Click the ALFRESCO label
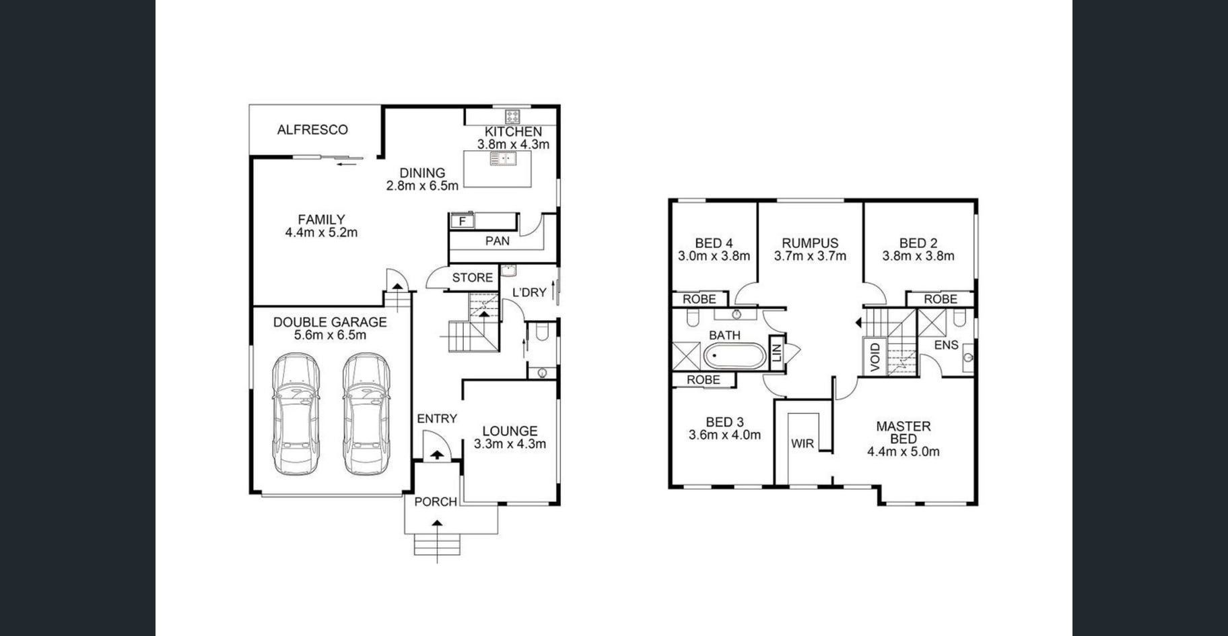(312, 129)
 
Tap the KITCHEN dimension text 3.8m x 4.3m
(513, 144)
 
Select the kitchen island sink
(503, 159)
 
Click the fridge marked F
(463, 221)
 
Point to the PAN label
(498, 241)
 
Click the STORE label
(473, 278)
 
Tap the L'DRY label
(530, 292)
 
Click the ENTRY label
(437, 418)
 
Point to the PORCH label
(436, 501)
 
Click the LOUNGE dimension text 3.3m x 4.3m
(510, 444)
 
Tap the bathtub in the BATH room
(735, 356)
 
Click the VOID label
(875, 356)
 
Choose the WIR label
(803, 444)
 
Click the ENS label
(946, 345)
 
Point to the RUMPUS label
(810, 243)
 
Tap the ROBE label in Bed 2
(941, 298)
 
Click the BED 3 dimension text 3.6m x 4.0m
(724, 435)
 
